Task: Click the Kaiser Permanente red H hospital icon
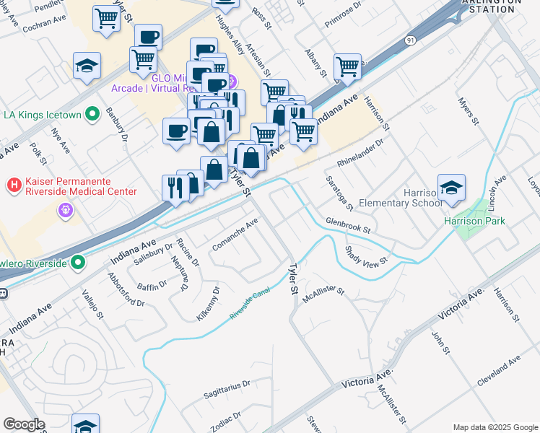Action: (x=13, y=185)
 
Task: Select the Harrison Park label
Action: (x=474, y=222)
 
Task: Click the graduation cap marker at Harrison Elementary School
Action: (x=450, y=187)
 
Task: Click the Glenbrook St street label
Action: (x=347, y=226)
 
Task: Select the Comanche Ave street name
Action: (x=235, y=236)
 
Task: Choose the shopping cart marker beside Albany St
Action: (x=348, y=66)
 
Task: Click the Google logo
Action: (x=24, y=424)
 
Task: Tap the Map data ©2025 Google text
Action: (x=495, y=427)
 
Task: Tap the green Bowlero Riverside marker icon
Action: (x=78, y=263)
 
